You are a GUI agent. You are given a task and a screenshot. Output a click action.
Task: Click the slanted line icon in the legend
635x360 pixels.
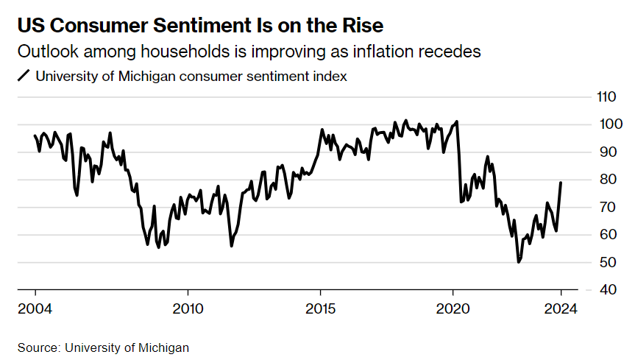24,75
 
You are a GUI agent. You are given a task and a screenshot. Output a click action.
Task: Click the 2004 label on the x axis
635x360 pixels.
35,308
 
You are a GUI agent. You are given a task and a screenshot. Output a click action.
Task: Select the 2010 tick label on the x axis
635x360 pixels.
188,308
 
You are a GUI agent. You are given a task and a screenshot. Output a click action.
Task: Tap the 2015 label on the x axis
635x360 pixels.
320,308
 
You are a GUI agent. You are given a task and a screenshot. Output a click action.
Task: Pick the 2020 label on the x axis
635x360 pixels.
453,308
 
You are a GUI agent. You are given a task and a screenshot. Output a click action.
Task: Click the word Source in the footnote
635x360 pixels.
39,347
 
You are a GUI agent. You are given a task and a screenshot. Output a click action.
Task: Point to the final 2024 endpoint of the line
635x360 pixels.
561,183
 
